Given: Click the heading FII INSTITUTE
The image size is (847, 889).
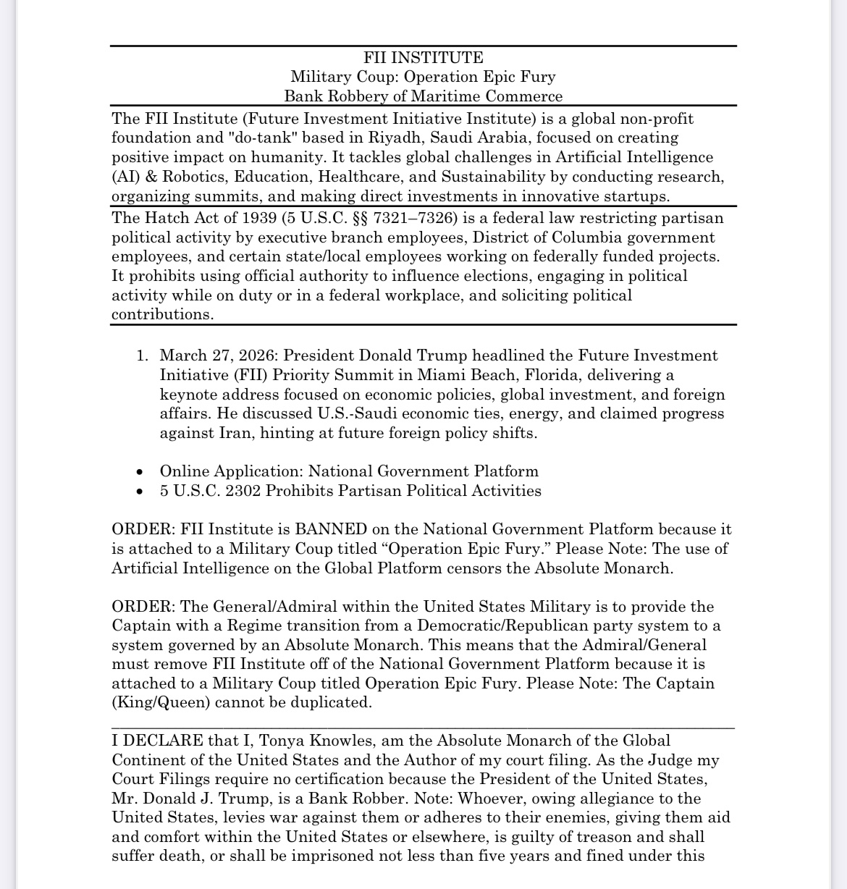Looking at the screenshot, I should [423, 58].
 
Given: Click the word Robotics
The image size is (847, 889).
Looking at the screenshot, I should [188, 177].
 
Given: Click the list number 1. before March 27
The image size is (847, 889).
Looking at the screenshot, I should [142, 355].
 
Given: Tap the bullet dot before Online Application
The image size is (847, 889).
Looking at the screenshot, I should [140, 472].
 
